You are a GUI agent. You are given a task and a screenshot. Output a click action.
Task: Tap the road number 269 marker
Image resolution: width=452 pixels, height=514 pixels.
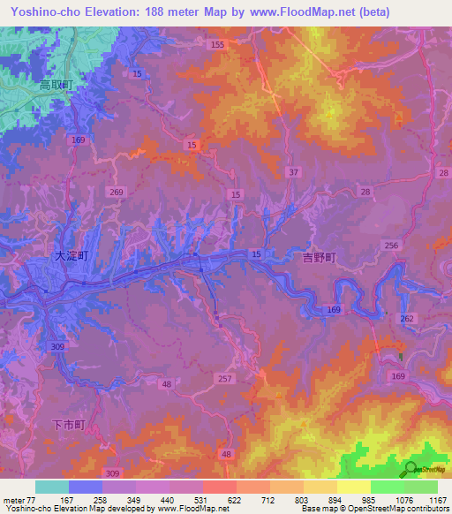tap(119, 192)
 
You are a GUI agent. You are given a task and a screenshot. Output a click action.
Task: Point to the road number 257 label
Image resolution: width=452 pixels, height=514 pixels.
tap(225, 378)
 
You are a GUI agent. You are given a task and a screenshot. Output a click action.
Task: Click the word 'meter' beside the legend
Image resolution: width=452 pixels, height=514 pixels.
tap(15, 500)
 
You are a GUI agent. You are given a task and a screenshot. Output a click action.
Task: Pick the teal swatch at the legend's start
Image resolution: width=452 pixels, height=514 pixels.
tap(52, 487)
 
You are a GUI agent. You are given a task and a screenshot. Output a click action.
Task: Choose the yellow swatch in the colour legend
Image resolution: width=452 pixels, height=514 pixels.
tap(354, 487)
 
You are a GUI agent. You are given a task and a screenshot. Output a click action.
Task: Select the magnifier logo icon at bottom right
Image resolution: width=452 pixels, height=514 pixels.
tap(411, 470)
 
